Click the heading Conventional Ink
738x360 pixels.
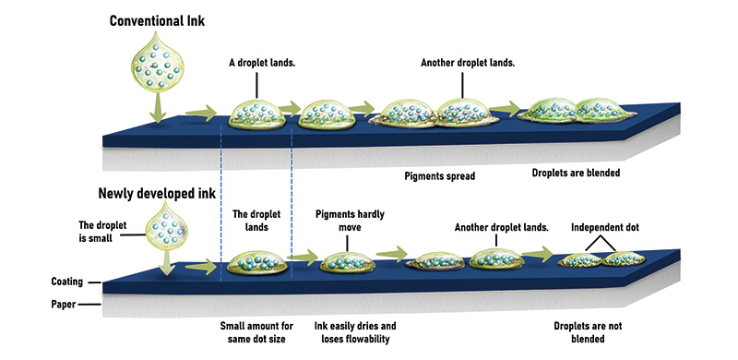pos(158,20)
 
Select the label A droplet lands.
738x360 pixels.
pos(263,64)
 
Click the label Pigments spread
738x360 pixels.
pos(440,174)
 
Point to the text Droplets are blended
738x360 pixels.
pos(576,173)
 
